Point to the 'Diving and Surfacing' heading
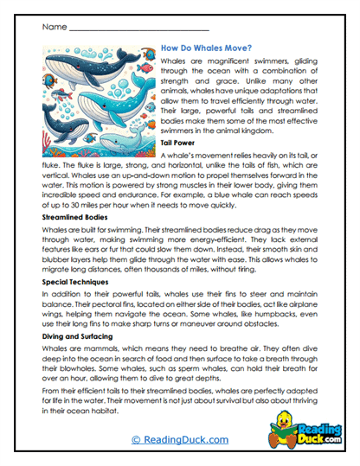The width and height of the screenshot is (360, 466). tap(79, 334)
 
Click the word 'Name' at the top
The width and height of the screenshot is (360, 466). tap(54, 27)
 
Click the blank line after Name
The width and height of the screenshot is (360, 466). tap(138, 29)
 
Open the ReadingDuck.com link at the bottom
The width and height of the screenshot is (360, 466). tap(179, 440)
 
